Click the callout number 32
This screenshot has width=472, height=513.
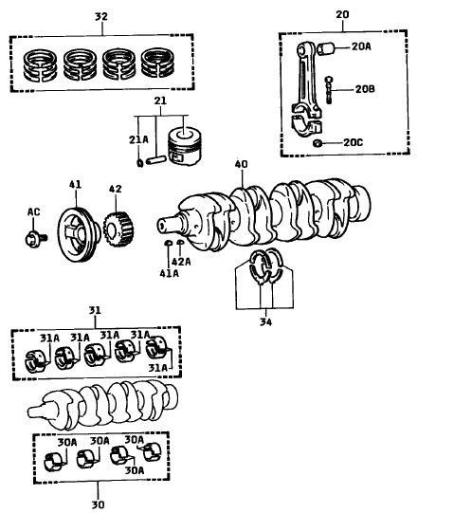coord(101,16)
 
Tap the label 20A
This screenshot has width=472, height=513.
coord(361,46)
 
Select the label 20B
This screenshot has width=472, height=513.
coord(365,89)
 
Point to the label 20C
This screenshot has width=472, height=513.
coord(353,142)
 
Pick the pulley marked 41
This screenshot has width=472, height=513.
coord(79,234)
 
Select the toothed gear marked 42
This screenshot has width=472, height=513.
coord(118,229)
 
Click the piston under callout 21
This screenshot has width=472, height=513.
coord(184,146)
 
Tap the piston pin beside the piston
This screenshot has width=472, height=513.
coord(156,160)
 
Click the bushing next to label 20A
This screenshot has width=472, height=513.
coord(326,48)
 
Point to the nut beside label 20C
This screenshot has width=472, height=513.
coord(318,143)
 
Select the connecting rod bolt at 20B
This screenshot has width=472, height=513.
coord(329,90)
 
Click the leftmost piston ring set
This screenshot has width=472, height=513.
coord(40,65)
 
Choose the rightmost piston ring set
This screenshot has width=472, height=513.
coord(157,63)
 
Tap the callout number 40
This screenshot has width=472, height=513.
coord(242,164)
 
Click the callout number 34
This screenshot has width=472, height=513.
coord(266,322)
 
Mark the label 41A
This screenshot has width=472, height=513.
coord(169,273)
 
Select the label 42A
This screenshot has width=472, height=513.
coord(181,262)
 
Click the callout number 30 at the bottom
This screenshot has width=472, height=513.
coord(98,504)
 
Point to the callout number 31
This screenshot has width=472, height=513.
coord(95,310)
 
